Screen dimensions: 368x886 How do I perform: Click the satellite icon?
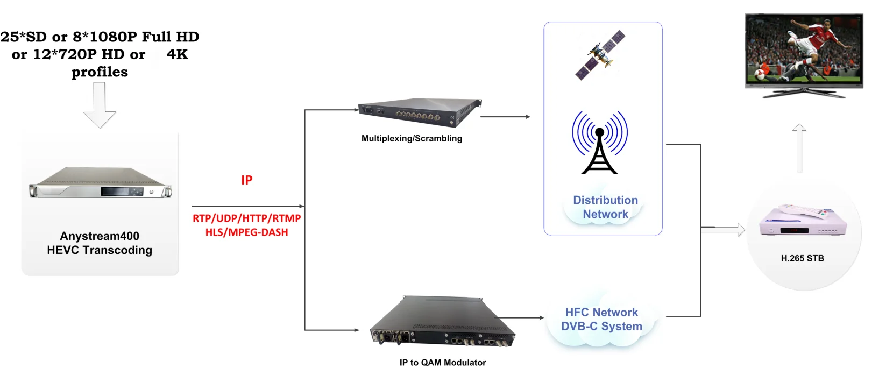pos(600,55)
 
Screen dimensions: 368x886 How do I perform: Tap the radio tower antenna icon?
pos(599,143)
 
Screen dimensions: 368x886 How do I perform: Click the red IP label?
pos(246,180)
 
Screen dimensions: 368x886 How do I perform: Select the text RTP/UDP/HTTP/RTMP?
pos(246,218)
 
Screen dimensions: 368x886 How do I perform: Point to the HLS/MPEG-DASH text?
pos(246,232)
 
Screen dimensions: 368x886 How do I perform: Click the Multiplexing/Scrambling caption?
pos(412,138)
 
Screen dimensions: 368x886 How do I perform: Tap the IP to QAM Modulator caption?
pos(442,363)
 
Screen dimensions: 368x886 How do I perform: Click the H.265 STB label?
pos(802,258)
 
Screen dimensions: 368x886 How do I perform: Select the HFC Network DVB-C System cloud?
pos(601,320)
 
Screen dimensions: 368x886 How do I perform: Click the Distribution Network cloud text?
pos(605,207)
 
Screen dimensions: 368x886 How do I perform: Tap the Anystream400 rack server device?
pos(100,183)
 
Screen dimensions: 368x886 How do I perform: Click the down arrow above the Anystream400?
pos(100,105)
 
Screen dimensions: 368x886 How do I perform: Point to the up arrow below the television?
pos(799,148)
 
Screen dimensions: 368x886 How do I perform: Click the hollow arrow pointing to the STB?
pos(724,230)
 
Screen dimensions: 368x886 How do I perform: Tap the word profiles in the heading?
pos(100,72)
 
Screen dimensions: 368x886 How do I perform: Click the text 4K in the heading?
pos(177,54)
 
